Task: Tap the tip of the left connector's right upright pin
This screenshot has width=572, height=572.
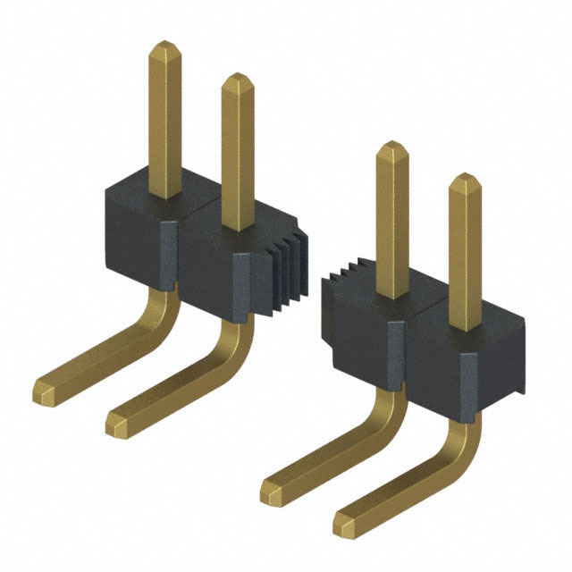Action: coord(237,79)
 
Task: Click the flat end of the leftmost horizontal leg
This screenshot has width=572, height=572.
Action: coord(44,389)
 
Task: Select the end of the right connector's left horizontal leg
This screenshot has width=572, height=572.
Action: coord(272,489)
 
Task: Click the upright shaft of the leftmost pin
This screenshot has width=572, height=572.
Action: coord(164,116)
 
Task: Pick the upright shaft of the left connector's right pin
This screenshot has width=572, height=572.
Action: coord(237,152)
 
